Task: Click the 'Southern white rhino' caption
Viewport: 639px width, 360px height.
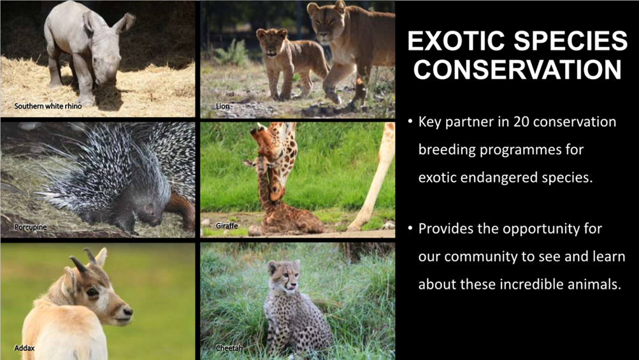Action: point(48,106)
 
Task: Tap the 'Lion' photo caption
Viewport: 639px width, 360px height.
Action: point(222,106)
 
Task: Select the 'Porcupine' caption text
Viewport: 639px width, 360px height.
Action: point(31,227)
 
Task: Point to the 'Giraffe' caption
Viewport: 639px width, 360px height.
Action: point(227,226)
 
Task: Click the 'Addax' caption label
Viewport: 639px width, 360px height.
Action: point(24,348)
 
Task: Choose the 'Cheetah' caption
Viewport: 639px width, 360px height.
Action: point(229,348)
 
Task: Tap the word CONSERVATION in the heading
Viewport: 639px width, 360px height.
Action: point(517,69)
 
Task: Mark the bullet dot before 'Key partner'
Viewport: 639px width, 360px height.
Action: point(410,122)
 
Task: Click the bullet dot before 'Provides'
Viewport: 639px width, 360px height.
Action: point(410,228)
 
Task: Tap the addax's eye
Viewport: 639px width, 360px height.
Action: point(92,292)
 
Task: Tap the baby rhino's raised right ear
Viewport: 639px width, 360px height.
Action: point(124,22)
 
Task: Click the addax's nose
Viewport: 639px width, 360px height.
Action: point(127,312)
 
